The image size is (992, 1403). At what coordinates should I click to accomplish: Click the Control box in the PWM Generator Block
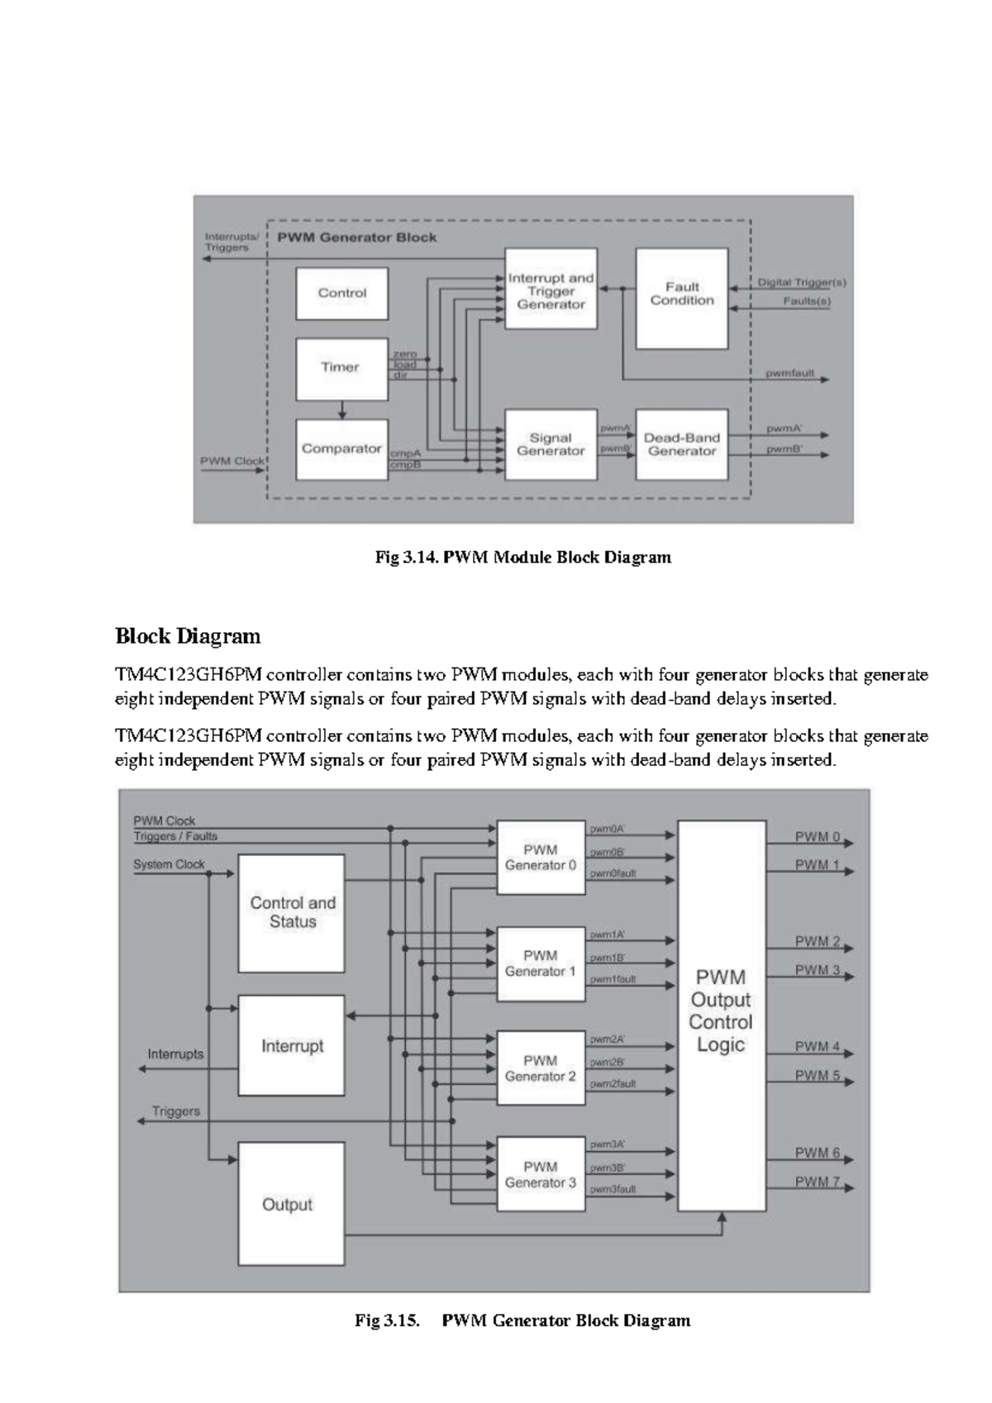[341, 293]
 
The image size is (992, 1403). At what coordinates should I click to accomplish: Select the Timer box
[341, 368]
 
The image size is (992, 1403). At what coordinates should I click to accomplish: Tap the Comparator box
[341, 449]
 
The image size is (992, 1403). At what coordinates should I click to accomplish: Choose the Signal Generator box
[551, 445]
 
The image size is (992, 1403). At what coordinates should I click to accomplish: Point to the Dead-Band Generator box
[682, 445]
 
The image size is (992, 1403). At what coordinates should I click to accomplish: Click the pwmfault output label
[789, 373]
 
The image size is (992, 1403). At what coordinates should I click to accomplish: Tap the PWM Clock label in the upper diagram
[232, 461]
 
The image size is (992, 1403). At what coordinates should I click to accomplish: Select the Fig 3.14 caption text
[522, 558]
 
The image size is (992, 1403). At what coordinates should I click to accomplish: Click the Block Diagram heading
[188, 636]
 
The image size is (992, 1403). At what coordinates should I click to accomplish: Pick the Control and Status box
[292, 912]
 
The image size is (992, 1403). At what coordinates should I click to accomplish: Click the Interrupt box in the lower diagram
[292, 1046]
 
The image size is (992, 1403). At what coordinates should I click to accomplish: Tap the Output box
[288, 1205]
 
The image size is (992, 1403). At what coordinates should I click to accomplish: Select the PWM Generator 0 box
[541, 858]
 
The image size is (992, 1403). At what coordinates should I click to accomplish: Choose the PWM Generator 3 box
[541, 1175]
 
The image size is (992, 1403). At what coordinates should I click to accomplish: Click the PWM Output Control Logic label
[721, 1011]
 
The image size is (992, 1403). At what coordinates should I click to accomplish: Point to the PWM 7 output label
[818, 1182]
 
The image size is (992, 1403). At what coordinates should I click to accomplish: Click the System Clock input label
[169, 864]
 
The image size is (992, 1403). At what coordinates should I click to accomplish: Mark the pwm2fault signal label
[613, 1083]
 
